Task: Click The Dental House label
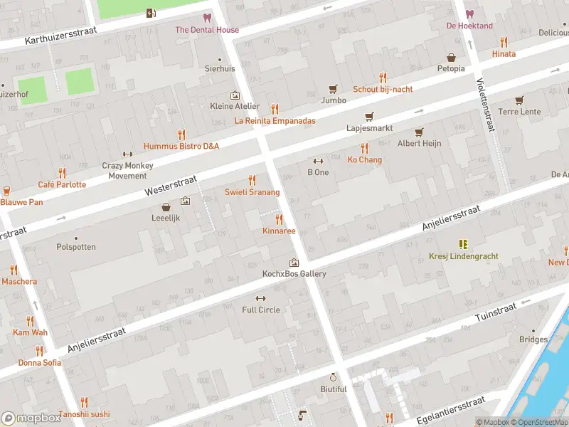[x=207, y=30]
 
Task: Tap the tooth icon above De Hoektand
[x=469, y=14]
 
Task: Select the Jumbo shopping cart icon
[x=333, y=89]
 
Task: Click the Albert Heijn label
[x=419, y=143]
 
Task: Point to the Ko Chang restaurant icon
[x=365, y=148]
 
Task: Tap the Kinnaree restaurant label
[x=279, y=231]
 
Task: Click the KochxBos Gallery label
[x=294, y=274]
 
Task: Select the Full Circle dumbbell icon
[x=261, y=298]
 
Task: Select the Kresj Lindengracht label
[x=463, y=256]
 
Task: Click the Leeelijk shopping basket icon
[x=166, y=207]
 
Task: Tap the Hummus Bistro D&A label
[x=181, y=146]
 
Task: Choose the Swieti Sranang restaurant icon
[x=252, y=181]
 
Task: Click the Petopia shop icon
[x=451, y=58]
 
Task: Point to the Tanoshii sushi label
[x=84, y=413]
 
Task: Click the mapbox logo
[x=31, y=418]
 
